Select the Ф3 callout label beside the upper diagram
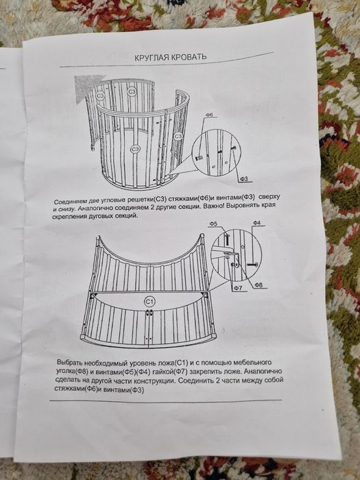pyautogui.click(x=245, y=179)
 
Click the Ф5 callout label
pyautogui.click(x=213, y=224)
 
